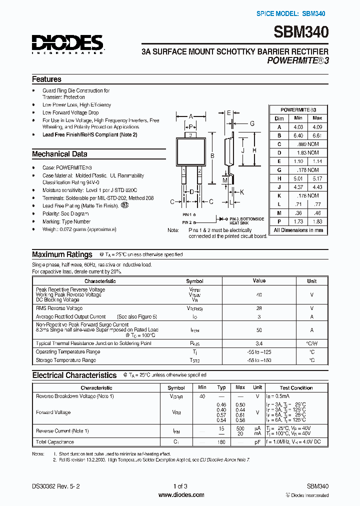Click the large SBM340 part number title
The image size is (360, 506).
click(x=301, y=33)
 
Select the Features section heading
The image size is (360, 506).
click(x=46, y=79)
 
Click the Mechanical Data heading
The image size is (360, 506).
click(x=59, y=154)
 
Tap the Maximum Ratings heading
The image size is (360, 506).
click(x=62, y=254)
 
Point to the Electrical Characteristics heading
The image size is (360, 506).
click(x=74, y=375)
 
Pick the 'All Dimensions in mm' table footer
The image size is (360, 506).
click(x=298, y=230)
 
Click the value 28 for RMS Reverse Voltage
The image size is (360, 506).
click(x=259, y=308)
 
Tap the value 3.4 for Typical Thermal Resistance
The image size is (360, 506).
click(x=259, y=343)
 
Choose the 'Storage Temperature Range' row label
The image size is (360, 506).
click(x=66, y=360)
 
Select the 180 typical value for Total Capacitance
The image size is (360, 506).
click(x=221, y=442)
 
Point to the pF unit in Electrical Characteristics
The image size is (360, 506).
click(x=257, y=442)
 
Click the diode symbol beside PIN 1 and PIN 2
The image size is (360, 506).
click(x=219, y=218)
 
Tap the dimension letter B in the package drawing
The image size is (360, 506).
click(x=211, y=156)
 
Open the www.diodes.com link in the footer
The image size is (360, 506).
click(x=181, y=495)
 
